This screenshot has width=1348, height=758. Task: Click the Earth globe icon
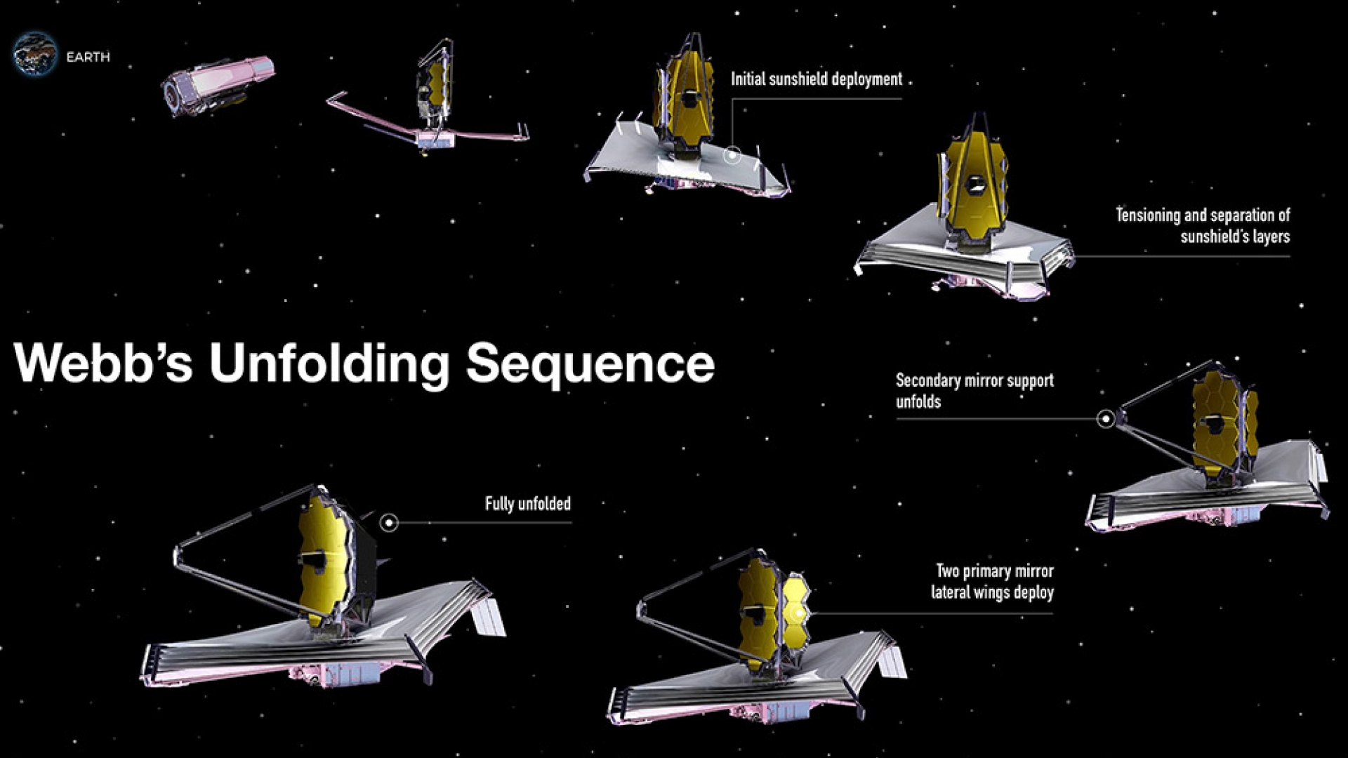[x=34, y=54]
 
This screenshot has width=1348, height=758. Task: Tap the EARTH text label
[x=88, y=58]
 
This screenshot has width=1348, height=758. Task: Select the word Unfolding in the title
[x=329, y=364]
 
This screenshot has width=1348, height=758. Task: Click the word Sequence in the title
[x=590, y=364]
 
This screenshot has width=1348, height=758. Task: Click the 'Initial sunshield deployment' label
[x=816, y=79]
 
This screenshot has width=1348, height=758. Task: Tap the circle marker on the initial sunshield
[x=732, y=155]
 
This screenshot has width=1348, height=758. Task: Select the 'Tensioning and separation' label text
[x=1203, y=225]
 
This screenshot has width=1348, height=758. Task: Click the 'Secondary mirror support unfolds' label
[x=974, y=391]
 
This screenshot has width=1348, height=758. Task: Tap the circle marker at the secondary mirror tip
[x=1106, y=419]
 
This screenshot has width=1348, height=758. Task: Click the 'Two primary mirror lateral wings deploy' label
[x=993, y=582]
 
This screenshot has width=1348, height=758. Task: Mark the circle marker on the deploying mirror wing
[x=798, y=614]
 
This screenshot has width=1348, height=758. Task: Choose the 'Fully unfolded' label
[x=527, y=504]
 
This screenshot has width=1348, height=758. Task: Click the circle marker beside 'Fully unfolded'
[x=389, y=522]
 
